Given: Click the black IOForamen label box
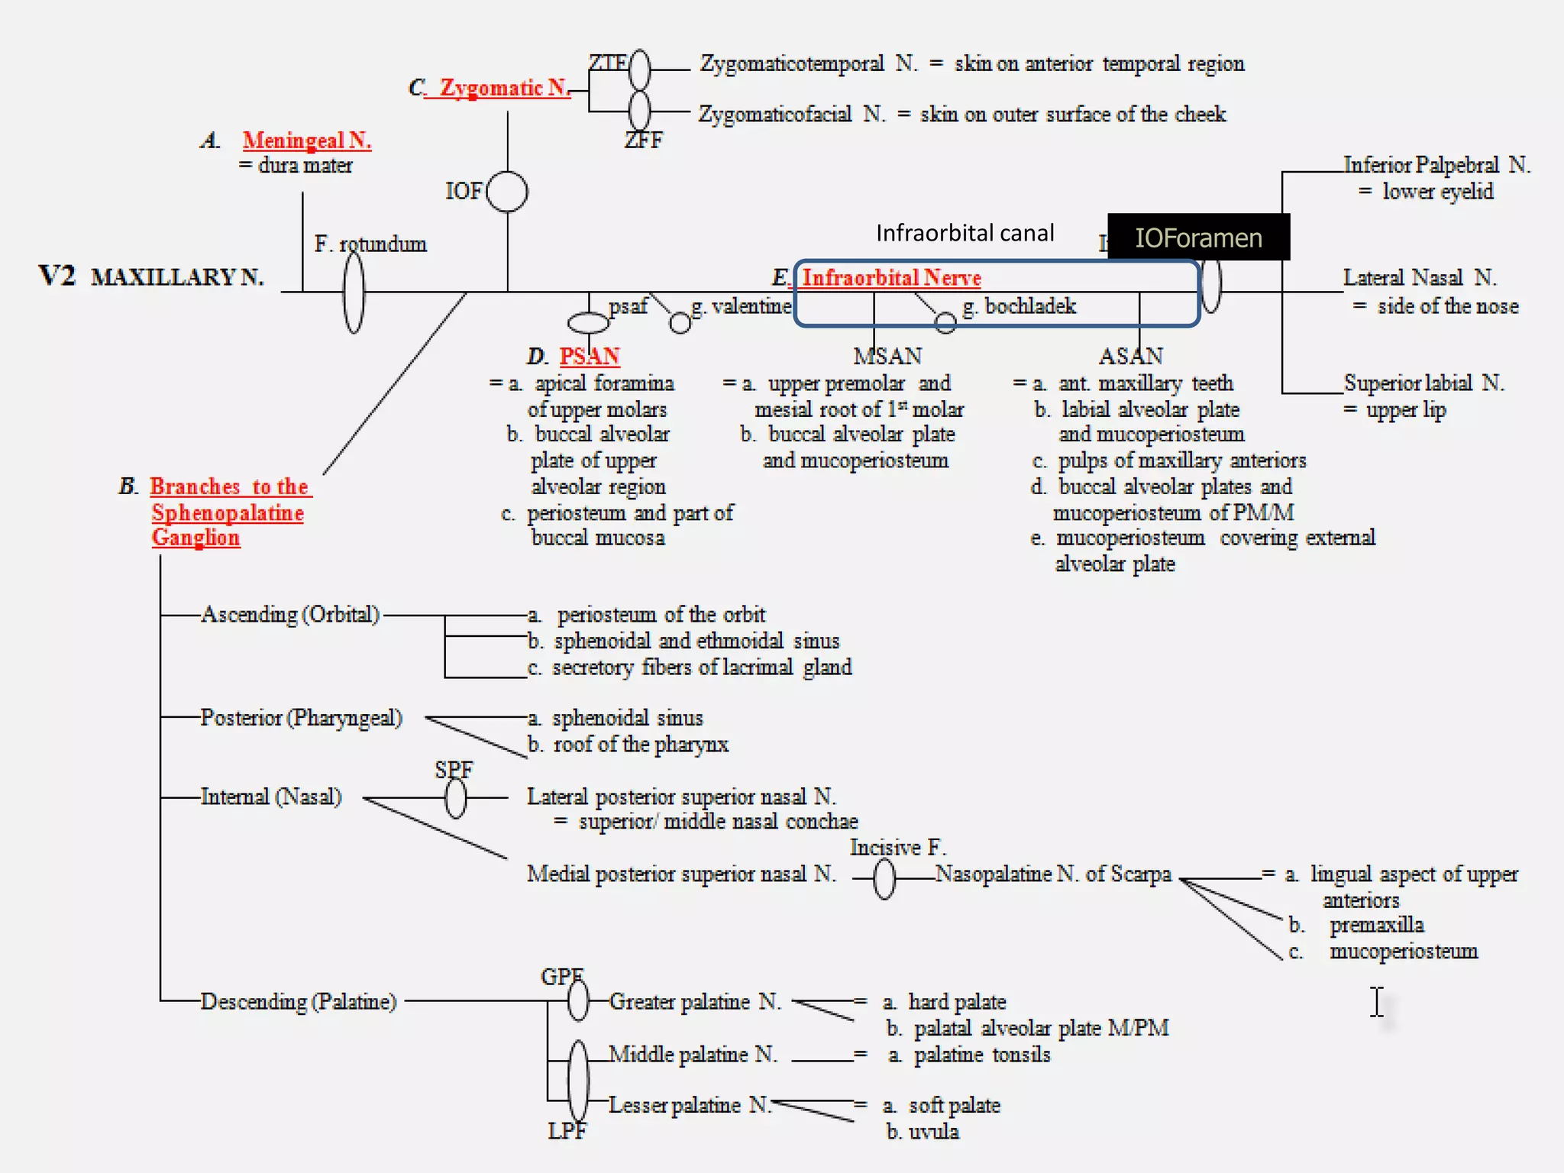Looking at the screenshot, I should [x=1198, y=238].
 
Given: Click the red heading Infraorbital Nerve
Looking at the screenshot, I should [x=891, y=277].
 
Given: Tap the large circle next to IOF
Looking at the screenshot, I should [x=507, y=192].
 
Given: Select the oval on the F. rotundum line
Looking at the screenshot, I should [x=354, y=292].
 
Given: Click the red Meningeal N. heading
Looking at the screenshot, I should [x=307, y=141].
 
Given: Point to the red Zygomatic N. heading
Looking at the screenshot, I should [x=505, y=88].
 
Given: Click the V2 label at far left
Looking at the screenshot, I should [x=57, y=276].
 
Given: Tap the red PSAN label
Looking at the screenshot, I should [x=590, y=356].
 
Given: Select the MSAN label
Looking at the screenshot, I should [x=887, y=356].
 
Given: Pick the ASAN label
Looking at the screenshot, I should [x=1131, y=356].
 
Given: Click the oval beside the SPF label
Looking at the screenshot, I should [x=456, y=799].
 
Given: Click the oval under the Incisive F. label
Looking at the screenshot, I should [x=884, y=879].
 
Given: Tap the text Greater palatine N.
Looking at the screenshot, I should [x=695, y=1001].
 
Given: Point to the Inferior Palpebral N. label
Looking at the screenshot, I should [x=1436, y=165].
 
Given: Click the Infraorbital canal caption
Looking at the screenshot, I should [x=965, y=233].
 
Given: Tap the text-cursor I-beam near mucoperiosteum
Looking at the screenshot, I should [x=1377, y=1002].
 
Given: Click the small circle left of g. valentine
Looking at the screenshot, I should [x=680, y=324].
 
